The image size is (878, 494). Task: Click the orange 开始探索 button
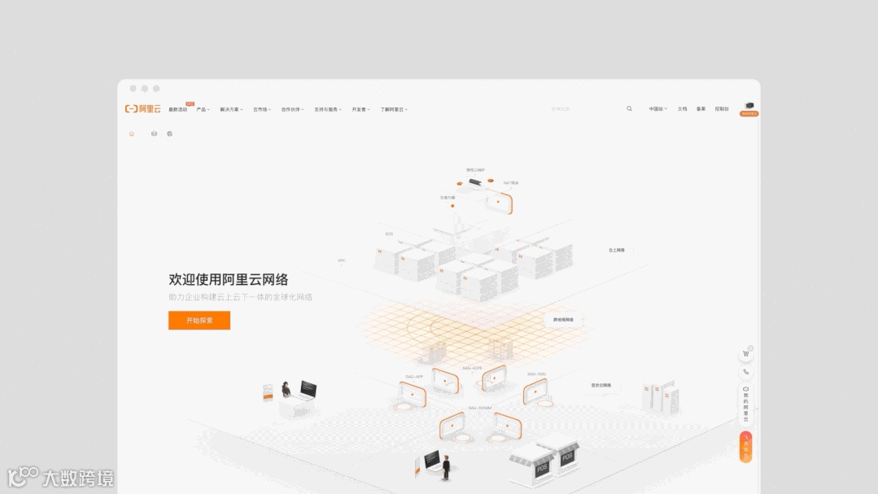coord(199,321)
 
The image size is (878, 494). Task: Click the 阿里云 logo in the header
coord(143,109)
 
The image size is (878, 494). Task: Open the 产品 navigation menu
coord(202,109)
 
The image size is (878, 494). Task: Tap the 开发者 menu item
coord(360,109)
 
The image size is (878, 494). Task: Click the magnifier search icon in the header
coord(629,108)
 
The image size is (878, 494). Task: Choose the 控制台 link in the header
coord(722,109)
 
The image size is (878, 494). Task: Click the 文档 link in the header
coord(682,109)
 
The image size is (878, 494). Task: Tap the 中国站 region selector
coord(657,109)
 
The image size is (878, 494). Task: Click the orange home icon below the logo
coord(132,133)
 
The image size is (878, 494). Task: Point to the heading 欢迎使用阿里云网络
coord(228,280)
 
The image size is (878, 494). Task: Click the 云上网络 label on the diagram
coord(616,251)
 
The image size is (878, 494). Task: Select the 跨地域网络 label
coord(563,320)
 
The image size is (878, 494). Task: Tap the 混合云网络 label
coord(601,385)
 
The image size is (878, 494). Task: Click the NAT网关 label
coord(511,183)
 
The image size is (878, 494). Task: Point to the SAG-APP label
coord(414,377)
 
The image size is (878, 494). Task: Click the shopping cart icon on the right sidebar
coord(745,354)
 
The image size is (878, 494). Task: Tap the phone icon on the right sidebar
coord(745,372)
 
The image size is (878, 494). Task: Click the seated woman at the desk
coord(286,391)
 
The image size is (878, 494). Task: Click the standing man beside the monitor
coord(446,466)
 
